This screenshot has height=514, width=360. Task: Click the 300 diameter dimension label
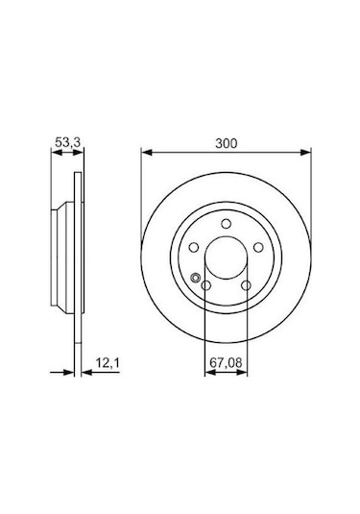tap(226, 143)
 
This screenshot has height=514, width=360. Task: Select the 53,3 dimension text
tap(67, 142)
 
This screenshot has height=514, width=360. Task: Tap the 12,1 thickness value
tap(108, 363)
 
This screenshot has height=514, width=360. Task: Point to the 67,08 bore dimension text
tap(226, 362)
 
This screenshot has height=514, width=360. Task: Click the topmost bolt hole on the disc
tap(226, 224)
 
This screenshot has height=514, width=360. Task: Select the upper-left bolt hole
tap(194, 247)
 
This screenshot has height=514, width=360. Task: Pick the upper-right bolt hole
tap(258, 247)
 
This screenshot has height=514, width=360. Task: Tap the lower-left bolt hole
tap(206, 285)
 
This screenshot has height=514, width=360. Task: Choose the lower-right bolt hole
tap(246, 285)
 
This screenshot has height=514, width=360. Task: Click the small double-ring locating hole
tap(196, 278)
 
